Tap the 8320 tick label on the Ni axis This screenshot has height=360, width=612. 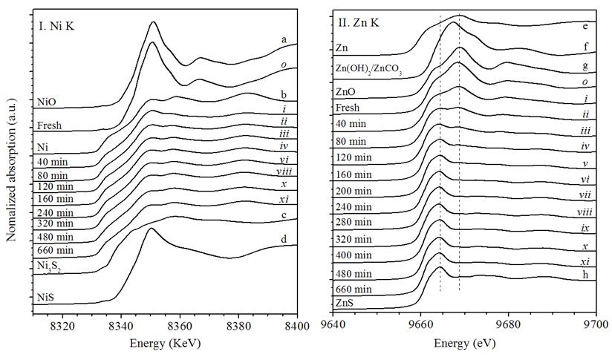coord(62,325)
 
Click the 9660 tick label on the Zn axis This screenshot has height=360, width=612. coord(420,325)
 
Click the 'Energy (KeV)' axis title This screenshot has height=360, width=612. coord(169,343)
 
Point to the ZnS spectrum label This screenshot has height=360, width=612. coord(346,303)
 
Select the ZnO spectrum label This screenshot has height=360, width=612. coord(347,94)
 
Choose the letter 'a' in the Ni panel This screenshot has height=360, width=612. coord(284,38)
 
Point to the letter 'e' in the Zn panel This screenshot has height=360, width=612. coord(586,26)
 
